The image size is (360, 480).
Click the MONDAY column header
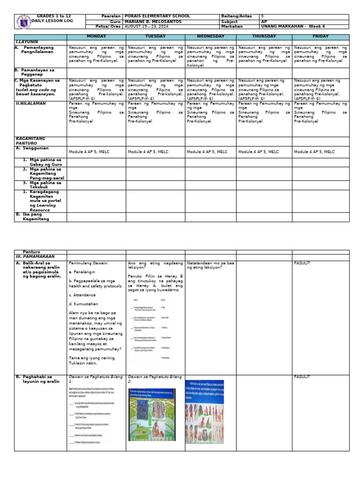click(x=96, y=37)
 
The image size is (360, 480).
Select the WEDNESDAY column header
click(x=210, y=37)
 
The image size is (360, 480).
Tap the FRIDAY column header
click(x=321, y=37)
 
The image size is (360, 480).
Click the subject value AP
click(x=263, y=22)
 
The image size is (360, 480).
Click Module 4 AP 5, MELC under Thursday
click(x=258, y=152)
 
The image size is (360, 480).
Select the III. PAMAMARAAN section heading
click(x=36, y=257)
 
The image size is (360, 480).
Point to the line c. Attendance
click(x=82, y=295)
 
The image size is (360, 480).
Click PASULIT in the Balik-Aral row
click(x=303, y=263)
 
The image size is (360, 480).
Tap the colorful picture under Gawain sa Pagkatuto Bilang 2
click(x=152, y=414)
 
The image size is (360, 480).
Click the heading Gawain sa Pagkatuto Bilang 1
click(x=96, y=379)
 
